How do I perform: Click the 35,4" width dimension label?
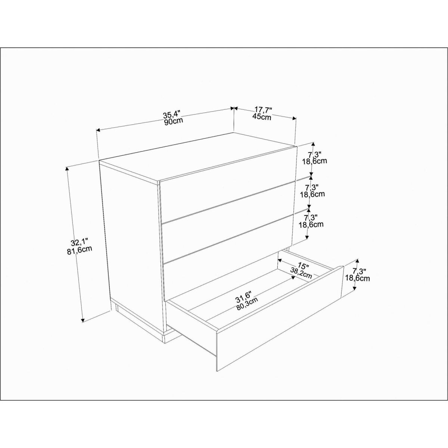tap(171, 115)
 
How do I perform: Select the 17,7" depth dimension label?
tap(263, 110)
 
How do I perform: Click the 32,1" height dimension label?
tap(79, 243)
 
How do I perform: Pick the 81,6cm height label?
tap(80, 251)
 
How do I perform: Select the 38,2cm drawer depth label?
tap(301, 273)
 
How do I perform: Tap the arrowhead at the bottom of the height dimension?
tap(83, 320)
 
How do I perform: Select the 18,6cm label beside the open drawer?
tap(357, 278)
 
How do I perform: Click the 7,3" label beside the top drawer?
tap(315, 155)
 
